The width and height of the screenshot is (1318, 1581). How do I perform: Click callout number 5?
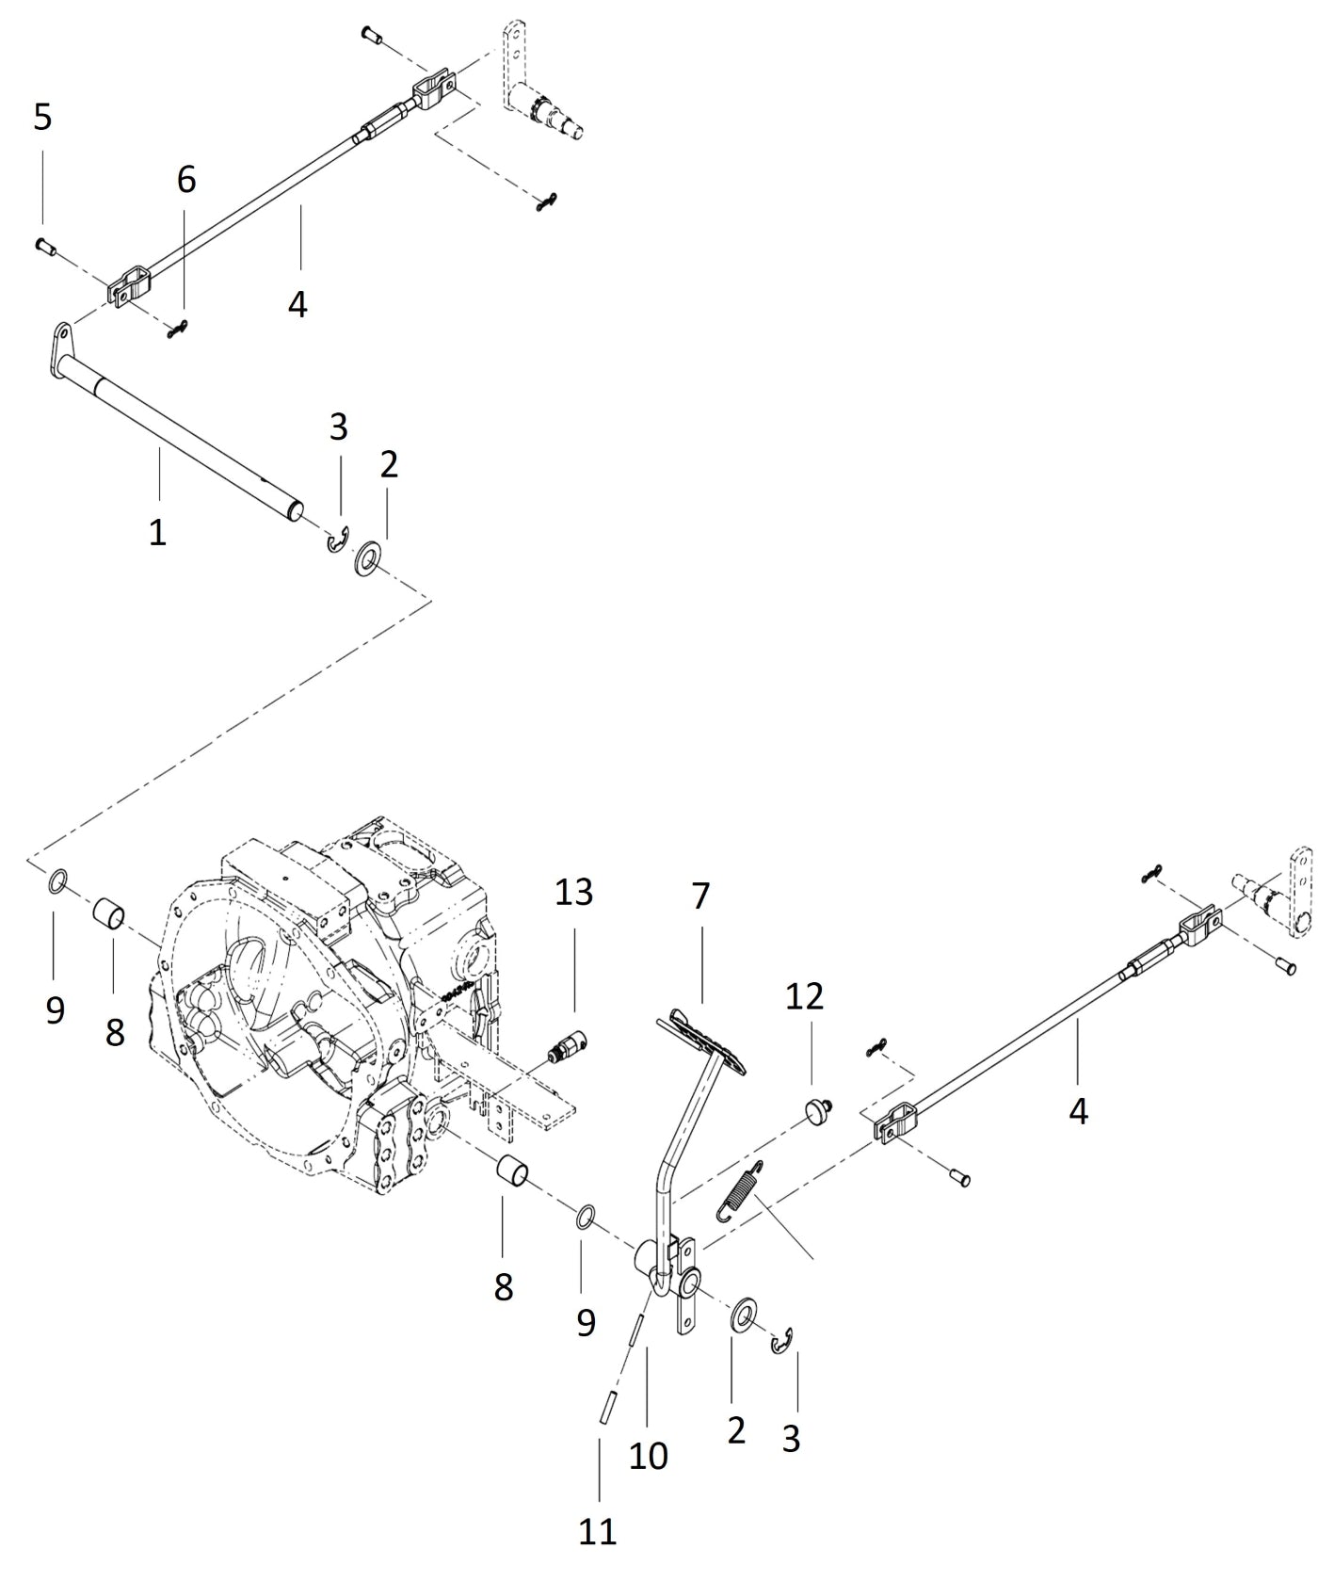click(42, 118)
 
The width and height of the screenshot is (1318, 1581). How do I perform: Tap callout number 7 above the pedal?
click(700, 896)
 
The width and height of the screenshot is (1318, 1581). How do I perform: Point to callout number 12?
click(804, 995)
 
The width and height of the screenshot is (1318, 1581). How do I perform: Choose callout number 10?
click(649, 1456)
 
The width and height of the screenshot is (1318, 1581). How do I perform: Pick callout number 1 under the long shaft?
click(157, 532)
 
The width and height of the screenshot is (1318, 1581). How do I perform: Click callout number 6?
click(186, 179)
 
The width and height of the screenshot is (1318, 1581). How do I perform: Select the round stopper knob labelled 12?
click(816, 1112)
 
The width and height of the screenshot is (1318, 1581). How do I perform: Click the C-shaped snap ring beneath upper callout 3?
click(337, 543)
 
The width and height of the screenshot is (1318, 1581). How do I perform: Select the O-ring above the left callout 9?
click(56, 883)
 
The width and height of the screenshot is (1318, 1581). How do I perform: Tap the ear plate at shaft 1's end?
click(62, 336)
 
